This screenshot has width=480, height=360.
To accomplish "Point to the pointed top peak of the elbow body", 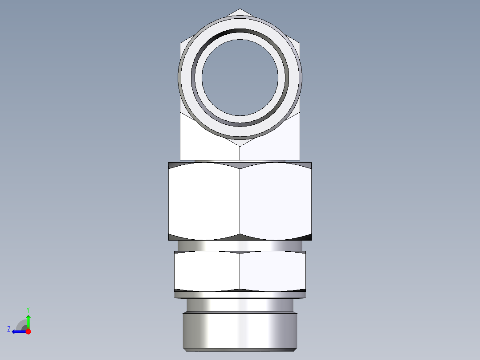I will (x=240, y=11).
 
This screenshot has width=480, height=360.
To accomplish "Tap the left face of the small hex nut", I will (x=207, y=271).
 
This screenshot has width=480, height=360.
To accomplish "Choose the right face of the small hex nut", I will (x=273, y=271).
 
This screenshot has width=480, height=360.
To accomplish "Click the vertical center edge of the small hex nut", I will (x=240, y=271).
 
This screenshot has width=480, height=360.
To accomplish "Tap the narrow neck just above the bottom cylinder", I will (x=240, y=305).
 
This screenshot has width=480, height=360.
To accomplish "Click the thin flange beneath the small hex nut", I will (x=240, y=294).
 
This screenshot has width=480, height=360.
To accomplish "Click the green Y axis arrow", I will (x=28, y=320).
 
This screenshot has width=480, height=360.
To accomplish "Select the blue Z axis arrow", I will (x=18, y=331).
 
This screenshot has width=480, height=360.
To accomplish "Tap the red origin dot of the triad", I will (x=28, y=331).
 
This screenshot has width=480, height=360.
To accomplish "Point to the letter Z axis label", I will (x=9, y=329).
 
